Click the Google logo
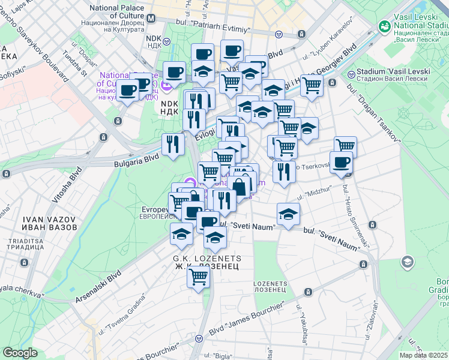coord(20,353)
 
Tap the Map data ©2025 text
coord(423,355)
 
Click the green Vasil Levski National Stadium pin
coord(385,26)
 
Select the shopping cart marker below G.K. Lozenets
coord(197,277)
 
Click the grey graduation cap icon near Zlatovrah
coord(408,262)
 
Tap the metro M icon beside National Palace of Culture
coord(150,18)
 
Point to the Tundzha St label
coord(75,66)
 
